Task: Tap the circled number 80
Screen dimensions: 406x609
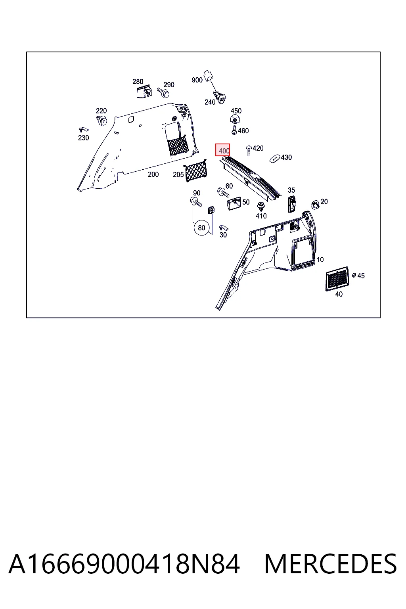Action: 201,228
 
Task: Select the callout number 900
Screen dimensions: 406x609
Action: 197,80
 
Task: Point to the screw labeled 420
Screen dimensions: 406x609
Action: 249,150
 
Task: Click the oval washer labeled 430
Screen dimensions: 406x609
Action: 275,159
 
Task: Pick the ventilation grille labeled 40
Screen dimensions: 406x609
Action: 337,279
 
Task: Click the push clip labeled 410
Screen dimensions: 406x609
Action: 261,207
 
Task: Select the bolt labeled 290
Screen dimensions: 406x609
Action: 163,92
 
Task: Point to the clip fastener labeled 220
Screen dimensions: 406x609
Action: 102,120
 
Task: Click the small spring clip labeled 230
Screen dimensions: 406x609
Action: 84,130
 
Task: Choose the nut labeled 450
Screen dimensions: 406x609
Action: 235,119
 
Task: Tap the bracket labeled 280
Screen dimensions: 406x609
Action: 144,91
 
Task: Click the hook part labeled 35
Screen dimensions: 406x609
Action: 292,203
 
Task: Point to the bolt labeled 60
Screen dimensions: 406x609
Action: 223,192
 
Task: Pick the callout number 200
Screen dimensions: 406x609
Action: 153,174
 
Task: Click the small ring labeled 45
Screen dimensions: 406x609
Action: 354,276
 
